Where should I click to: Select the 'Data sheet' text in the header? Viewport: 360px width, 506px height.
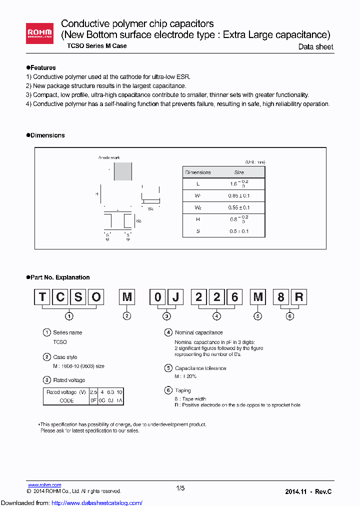point(315,47)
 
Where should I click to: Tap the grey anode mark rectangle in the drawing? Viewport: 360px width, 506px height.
point(123,171)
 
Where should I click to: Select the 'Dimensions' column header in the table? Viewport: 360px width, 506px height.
point(198,172)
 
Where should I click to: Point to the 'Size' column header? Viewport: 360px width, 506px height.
point(239,172)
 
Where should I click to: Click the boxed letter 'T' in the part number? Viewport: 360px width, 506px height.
point(42,297)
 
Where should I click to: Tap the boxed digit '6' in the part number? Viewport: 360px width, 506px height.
point(234,297)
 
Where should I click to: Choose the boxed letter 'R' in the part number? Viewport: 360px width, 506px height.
point(298,297)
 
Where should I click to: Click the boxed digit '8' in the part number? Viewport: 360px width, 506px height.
point(281,297)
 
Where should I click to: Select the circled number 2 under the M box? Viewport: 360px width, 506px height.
point(127,315)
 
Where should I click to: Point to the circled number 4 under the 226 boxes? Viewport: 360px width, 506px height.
point(216,315)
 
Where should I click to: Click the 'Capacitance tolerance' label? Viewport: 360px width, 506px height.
point(200,368)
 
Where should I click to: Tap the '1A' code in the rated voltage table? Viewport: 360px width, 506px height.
point(119,400)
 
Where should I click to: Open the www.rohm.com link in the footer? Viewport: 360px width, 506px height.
point(44,485)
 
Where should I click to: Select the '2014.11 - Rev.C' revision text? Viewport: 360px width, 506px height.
point(308,491)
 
